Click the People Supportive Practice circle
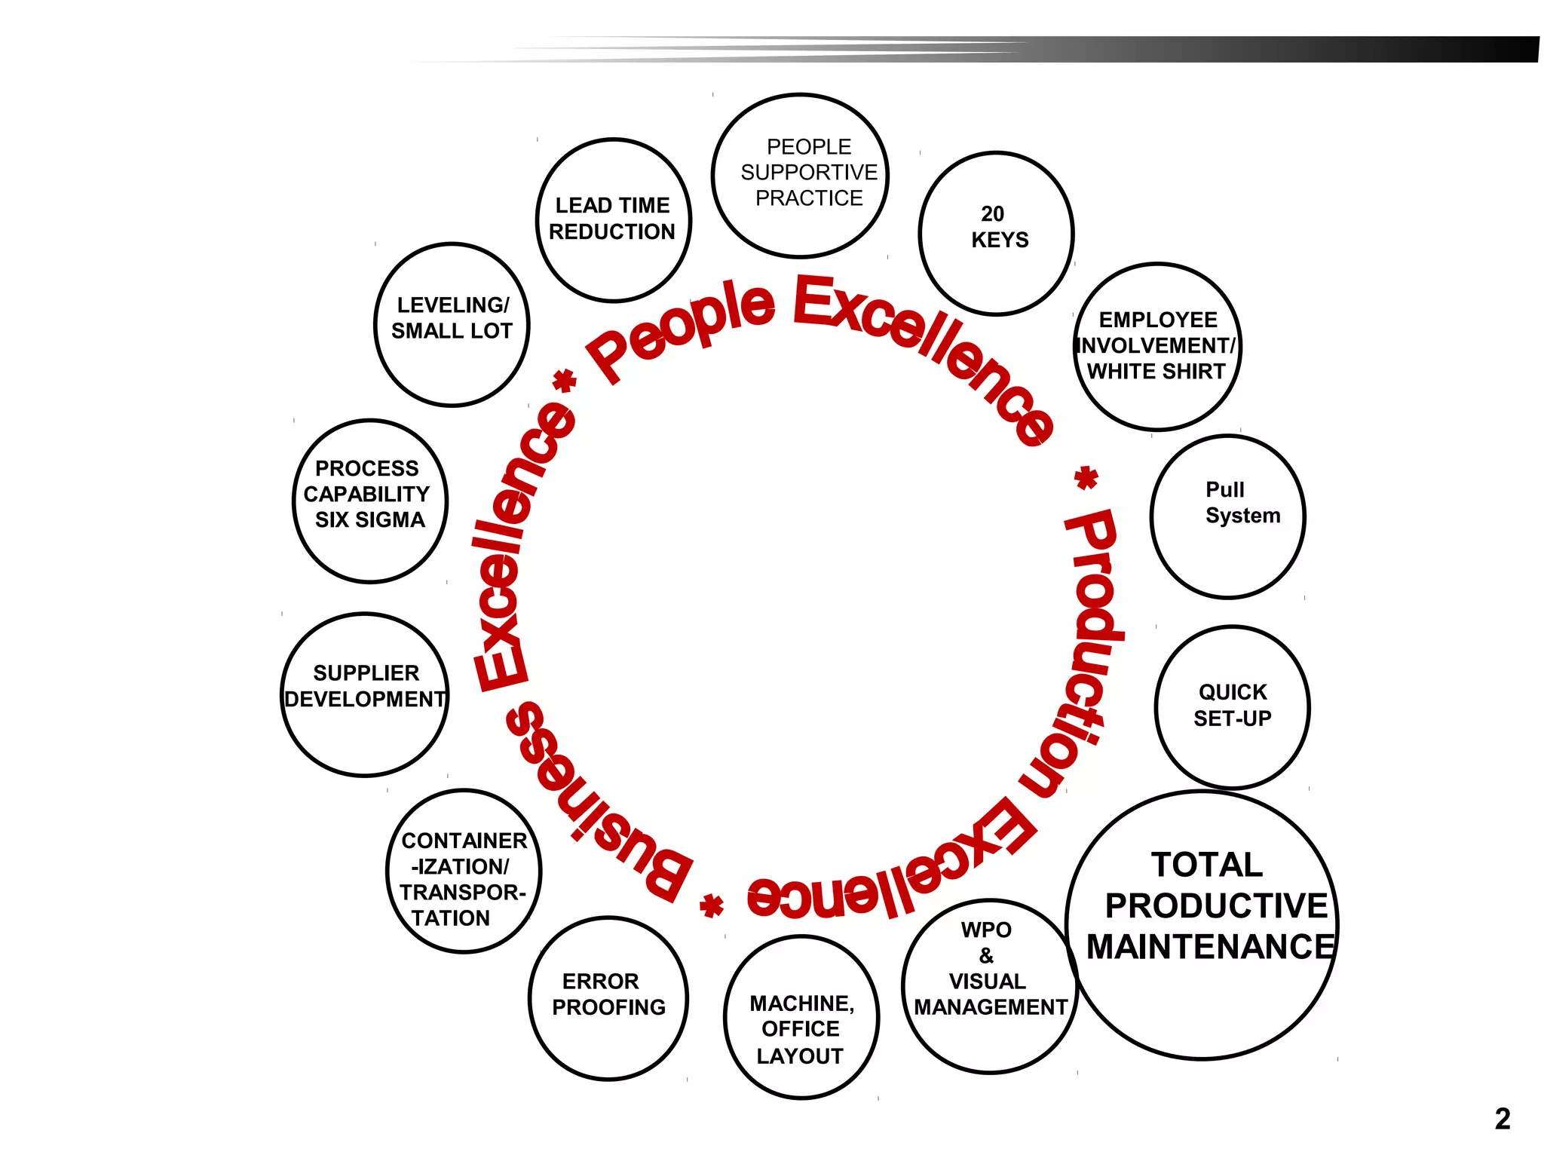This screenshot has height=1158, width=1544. [800, 175]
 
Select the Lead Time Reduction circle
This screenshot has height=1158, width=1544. [613, 220]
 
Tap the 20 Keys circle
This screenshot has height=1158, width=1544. [996, 233]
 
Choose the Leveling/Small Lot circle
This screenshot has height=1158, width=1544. [452, 324]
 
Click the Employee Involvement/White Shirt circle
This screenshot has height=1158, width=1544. [1157, 347]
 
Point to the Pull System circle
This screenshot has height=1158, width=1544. [1227, 516]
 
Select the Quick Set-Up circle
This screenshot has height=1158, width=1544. [1232, 706]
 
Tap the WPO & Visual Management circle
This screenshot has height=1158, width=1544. [988, 985]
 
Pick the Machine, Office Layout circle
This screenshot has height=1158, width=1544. [801, 1017]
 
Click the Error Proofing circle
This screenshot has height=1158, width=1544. [608, 997]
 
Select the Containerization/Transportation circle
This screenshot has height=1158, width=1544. [464, 871]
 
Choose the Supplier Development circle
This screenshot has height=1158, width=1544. [366, 694]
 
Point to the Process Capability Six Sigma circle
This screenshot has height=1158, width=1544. [369, 501]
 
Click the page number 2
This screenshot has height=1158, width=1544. [1502, 1118]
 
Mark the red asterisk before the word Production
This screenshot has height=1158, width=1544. [1086, 477]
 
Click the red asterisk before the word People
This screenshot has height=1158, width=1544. [565, 381]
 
